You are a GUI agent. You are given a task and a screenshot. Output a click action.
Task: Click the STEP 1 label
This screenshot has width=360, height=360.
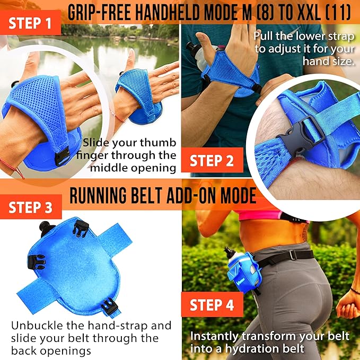[x=30, y=23]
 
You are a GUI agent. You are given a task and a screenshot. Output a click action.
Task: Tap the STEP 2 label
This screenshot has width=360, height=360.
[x=212, y=160]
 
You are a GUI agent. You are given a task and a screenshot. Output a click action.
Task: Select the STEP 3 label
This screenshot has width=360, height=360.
[x=31, y=207]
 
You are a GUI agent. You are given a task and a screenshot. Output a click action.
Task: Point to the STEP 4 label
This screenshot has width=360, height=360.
[x=212, y=305]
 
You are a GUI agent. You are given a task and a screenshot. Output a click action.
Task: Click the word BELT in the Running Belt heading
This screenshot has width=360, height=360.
[x=146, y=195]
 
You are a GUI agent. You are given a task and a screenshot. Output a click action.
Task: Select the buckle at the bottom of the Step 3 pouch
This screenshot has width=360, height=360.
[x=109, y=306]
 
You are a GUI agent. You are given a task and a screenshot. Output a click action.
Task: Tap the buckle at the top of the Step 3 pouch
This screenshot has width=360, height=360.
[x=81, y=228]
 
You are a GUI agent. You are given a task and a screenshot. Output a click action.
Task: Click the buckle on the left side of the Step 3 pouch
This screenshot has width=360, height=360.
[x=36, y=262]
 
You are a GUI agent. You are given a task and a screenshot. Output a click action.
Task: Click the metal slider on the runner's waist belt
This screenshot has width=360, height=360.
[x=292, y=254]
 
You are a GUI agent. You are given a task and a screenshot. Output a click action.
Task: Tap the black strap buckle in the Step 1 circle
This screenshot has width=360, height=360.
[x=62, y=156]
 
